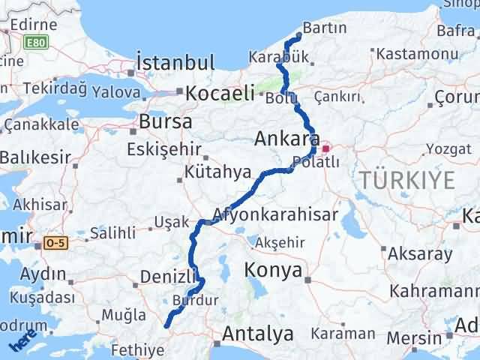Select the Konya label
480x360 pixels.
(x=274, y=269)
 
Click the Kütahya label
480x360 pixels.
(x=218, y=172)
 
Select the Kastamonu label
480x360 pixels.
(x=417, y=54)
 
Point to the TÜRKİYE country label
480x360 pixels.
(x=406, y=180)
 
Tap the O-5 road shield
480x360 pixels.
(x=55, y=243)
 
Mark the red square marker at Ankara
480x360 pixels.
(x=325, y=139)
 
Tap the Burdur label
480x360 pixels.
(x=195, y=300)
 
